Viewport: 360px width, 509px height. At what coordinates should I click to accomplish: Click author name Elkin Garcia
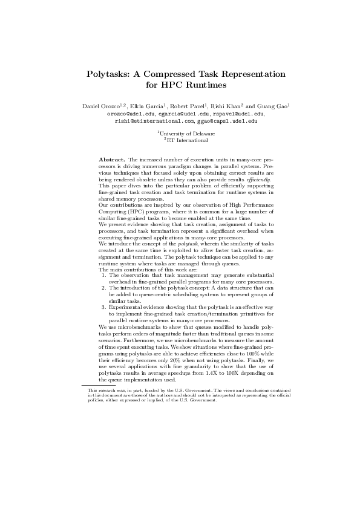coord(143,107)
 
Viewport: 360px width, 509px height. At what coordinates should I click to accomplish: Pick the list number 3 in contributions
coord(103,306)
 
